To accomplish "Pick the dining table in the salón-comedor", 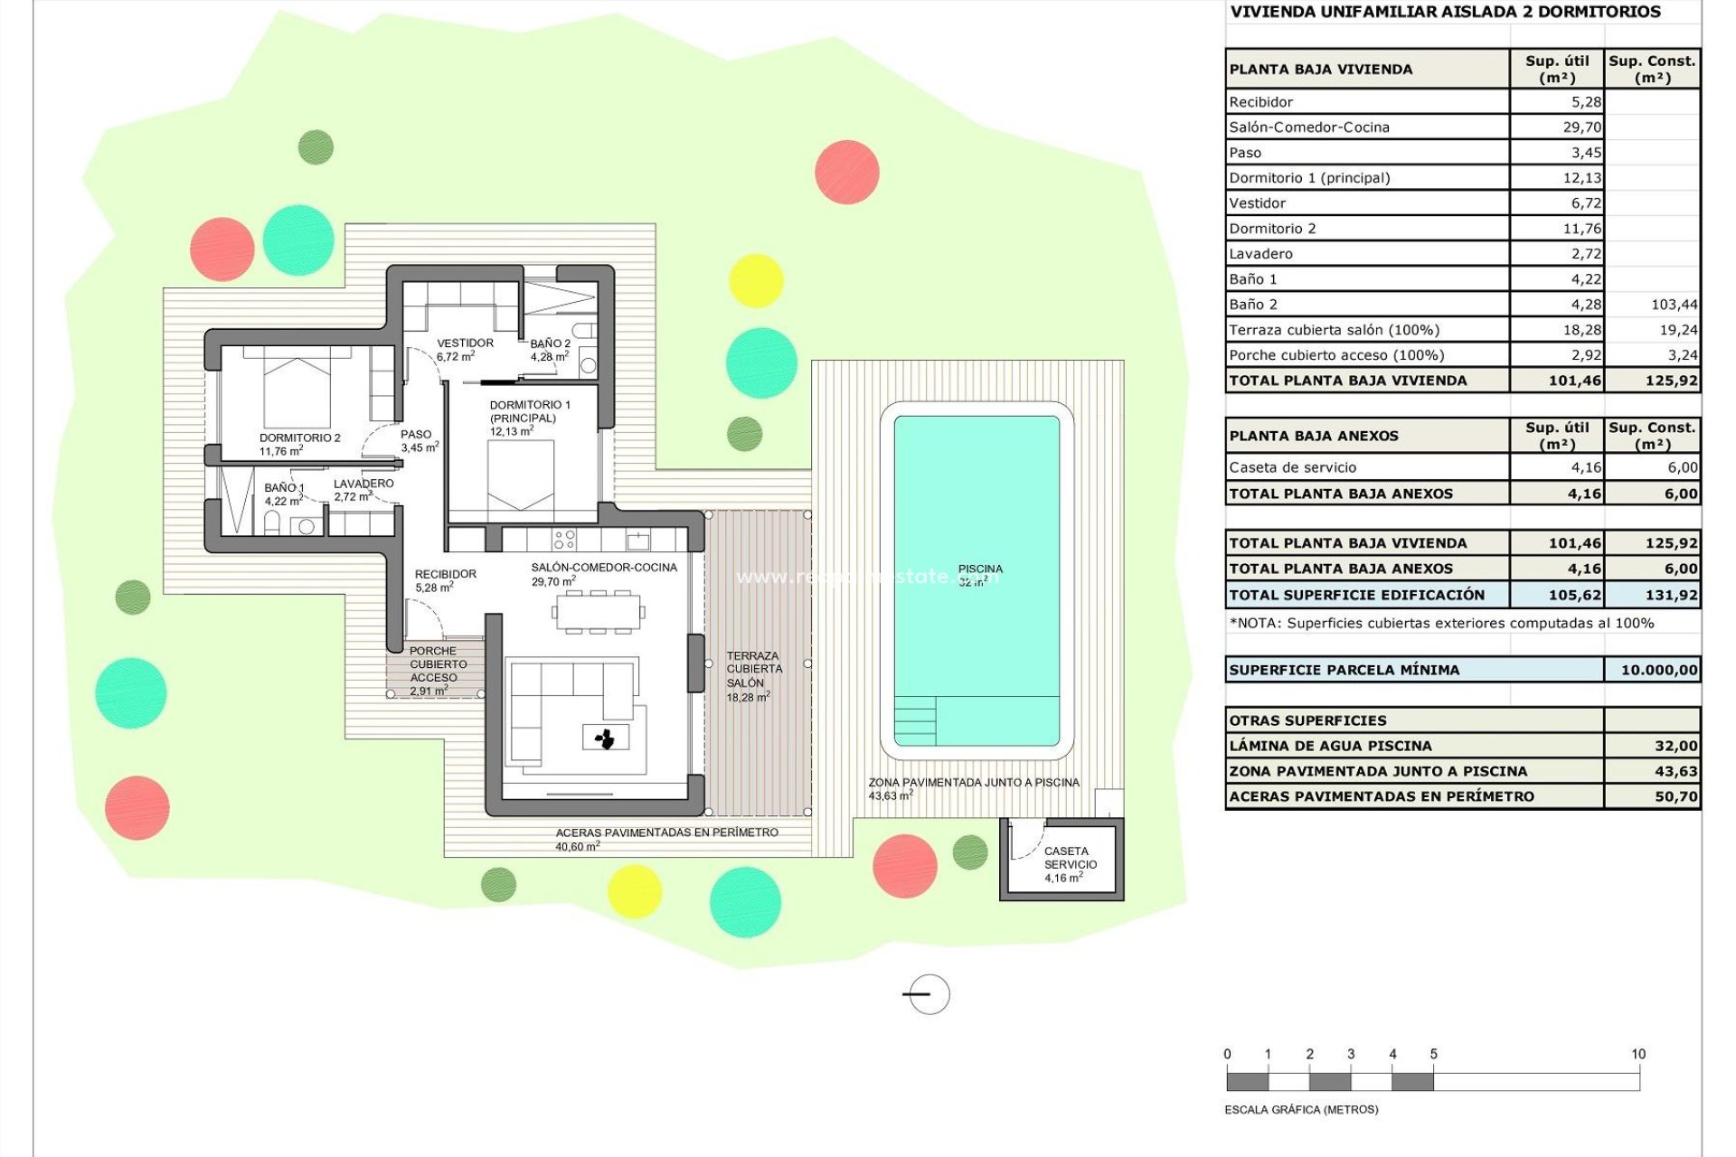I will click(x=599, y=612).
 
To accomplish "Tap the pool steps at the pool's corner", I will click(x=915, y=720).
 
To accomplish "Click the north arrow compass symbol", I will click(x=928, y=994).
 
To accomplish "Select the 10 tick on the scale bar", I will click(x=1638, y=1054).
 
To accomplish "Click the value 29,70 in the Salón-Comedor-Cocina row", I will click(x=1581, y=127).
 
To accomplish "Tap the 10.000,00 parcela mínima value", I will click(x=1658, y=670).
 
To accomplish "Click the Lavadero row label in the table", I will click(x=1260, y=254).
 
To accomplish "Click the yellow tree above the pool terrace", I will click(x=755, y=280).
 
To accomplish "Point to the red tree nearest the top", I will click(x=846, y=172).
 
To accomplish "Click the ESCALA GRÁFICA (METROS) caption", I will click(x=1300, y=1109).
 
